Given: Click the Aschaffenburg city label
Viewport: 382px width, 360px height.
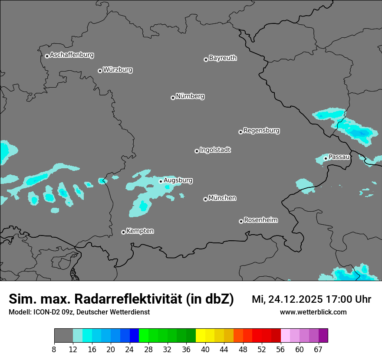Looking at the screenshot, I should pyautogui.click(x=72, y=55).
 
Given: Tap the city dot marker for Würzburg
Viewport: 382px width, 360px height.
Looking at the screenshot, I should pyautogui.click(x=100, y=71).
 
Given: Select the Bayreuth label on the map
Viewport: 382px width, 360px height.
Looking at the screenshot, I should pyautogui.click(x=223, y=58).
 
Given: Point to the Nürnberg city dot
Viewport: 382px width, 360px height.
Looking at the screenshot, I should pyautogui.click(x=173, y=98).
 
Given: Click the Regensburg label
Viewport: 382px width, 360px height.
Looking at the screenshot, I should pyautogui.click(x=261, y=130).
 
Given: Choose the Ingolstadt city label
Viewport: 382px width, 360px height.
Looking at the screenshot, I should pyautogui.click(x=215, y=150).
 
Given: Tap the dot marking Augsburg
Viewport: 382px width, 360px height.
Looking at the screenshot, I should pyautogui.click(x=161, y=181).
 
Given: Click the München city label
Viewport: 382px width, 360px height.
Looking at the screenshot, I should pyautogui.click(x=222, y=198).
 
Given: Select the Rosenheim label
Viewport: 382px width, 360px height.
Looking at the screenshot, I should pyautogui.click(x=260, y=220).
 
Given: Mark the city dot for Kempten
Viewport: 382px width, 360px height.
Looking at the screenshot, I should pyautogui.click(x=123, y=232).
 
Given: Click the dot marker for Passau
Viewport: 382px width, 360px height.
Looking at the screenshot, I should pyautogui.click(x=326, y=158).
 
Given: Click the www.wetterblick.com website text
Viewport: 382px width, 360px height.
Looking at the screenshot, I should pyautogui.click(x=313, y=312).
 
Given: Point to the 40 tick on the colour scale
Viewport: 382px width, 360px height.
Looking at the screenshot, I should pyautogui.click(x=205, y=349).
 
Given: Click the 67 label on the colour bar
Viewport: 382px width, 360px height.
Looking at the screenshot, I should pyautogui.click(x=318, y=349).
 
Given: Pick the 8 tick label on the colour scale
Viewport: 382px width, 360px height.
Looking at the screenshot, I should pyautogui.click(x=54, y=349).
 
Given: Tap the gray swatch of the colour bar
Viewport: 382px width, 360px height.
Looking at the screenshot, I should pyautogui.click(x=63, y=336).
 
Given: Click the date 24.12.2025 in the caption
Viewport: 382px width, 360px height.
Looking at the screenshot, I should pyautogui.click(x=295, y=299).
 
